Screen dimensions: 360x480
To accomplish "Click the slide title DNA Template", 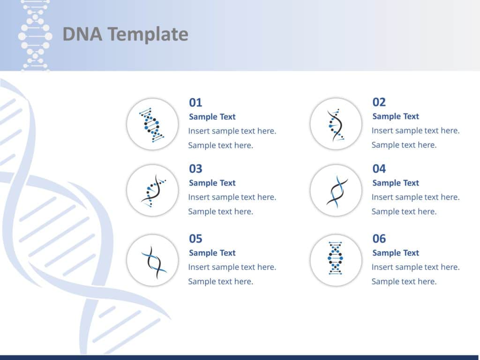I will [x=125, y=35].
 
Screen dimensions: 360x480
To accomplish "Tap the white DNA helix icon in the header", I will [x=35, y=36].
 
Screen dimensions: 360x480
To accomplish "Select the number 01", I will [x=195, y=103].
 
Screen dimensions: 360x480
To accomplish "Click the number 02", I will [x=379, y=102].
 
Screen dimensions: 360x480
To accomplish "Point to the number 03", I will [x=195, y=169].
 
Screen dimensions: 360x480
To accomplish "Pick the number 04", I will [x=379, y=169].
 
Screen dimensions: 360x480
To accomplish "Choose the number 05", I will [x=195, y=239].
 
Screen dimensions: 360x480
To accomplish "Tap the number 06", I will [x=379, y=239].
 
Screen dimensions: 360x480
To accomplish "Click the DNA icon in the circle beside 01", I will [x=152, y=125].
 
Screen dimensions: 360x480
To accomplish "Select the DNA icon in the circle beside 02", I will [x=336, y=125].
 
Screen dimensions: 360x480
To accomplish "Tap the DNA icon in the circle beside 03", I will [x=152, y=191].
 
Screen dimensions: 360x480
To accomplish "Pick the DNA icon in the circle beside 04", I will [x=337, y=191].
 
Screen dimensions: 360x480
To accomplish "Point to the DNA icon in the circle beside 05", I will [x=154, y=261].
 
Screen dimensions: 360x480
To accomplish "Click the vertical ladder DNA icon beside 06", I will [x=335, y=258].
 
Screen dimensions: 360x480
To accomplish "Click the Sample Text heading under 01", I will [x=212, y=117].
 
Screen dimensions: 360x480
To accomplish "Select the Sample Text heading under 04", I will [x=396, y=183].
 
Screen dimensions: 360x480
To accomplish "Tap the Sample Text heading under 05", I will [x=212, y=253].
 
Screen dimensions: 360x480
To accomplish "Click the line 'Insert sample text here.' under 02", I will [x=415, y=131].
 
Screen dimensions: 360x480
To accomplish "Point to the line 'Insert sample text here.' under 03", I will [x=232, y=197].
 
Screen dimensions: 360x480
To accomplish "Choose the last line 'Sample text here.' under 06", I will [x=404, y=282].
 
